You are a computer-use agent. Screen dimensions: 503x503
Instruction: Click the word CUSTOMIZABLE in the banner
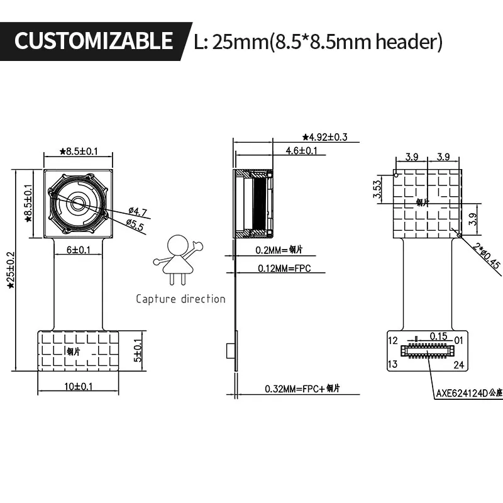(93, 41)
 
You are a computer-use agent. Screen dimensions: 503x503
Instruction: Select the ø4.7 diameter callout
(136, 211)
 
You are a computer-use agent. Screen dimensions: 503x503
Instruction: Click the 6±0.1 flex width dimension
(78, 250)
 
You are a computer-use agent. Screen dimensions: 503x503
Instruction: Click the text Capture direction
(180, 299)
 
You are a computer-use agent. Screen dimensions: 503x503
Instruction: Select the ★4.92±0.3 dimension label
(324, 136)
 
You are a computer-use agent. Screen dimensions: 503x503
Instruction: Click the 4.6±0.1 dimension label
(301, 151)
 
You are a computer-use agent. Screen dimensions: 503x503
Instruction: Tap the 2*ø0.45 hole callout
(487, 255)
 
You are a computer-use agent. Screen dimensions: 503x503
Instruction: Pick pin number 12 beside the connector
(393, 341)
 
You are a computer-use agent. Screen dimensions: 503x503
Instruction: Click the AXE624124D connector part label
(468, 394)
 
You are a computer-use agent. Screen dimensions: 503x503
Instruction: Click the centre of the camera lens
(78, 203)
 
